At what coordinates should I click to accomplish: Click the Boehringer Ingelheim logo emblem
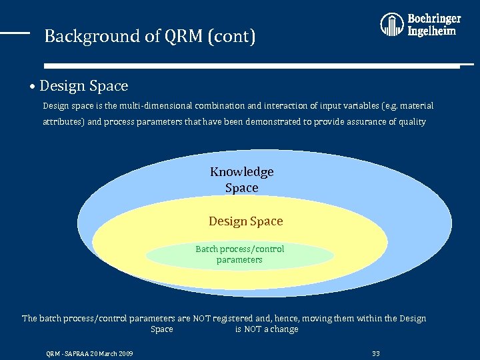[392, 25]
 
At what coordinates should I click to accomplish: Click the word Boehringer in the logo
[434, 19]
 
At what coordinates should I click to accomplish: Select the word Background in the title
[83, 36]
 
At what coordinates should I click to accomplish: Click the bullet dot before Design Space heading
[33, 87]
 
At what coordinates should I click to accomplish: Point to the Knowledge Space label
[241, 180]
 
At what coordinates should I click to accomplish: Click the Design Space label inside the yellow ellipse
[245, 221]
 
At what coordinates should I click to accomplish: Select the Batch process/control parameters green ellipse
[239, 255]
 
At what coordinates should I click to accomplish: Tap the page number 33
[375, 353]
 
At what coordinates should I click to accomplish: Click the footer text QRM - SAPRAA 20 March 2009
[89, 353]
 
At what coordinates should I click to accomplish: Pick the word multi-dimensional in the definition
[148, 106]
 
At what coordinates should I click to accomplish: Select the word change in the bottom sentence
[285, 329]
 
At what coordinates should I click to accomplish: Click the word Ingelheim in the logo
[432, 31]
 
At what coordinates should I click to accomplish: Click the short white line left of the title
[15, 32]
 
